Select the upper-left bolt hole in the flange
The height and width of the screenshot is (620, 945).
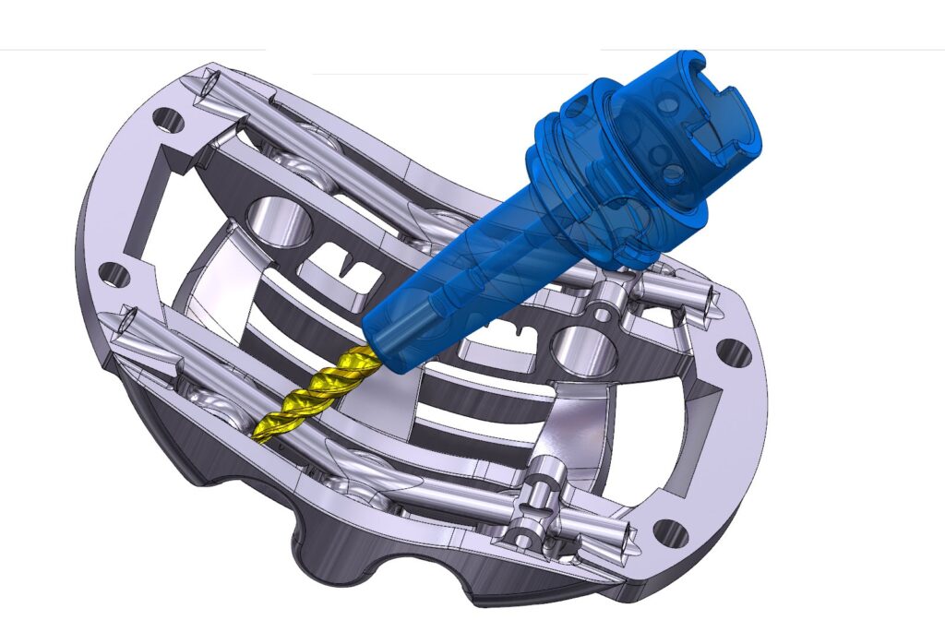point(169,118)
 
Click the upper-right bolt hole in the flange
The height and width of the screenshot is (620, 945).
point(735,352)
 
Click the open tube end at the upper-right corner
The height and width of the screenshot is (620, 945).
point(709,297)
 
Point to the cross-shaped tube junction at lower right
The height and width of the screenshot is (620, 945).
point(531,503)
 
